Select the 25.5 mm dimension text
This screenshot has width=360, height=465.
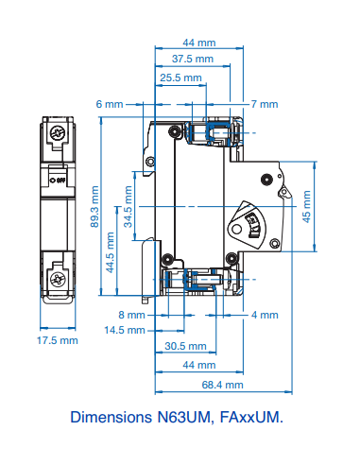click(x=180, y=77)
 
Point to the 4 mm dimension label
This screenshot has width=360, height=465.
click(x=266, y=314)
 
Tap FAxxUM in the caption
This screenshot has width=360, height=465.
click(x=253, y=416)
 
